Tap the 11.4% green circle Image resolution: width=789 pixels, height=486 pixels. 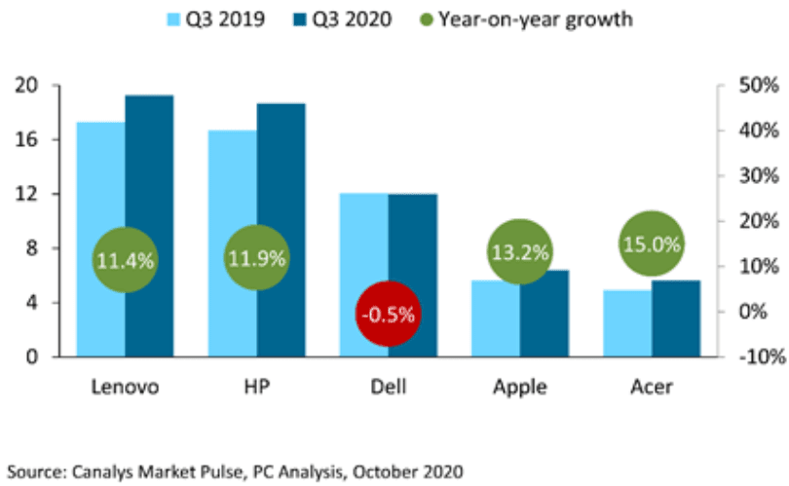[125, 259]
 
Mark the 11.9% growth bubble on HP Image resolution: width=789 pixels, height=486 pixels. [256, 259]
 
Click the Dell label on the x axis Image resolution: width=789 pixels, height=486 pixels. [388, 387]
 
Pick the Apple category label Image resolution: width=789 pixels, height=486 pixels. [519, 387]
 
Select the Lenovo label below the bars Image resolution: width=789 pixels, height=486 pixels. [125, 387]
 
